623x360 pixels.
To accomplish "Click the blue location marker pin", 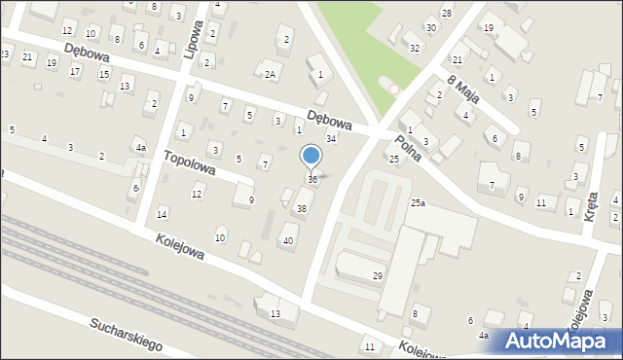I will click(311, 156).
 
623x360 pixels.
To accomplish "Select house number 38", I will click(302, 208).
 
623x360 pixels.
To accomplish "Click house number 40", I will click(287, 240).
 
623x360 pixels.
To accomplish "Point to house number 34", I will click(331, 139).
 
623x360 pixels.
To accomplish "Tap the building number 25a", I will click(418, 202).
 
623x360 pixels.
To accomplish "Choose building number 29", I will click(378, 276).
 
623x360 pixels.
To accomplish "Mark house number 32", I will click(415, 48).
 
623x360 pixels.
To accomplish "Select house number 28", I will click(446, 13).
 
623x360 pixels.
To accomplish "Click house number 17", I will click(75, 71).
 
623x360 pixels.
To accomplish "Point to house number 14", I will click(162, 214).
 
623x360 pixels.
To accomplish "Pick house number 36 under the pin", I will click(312, 179).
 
